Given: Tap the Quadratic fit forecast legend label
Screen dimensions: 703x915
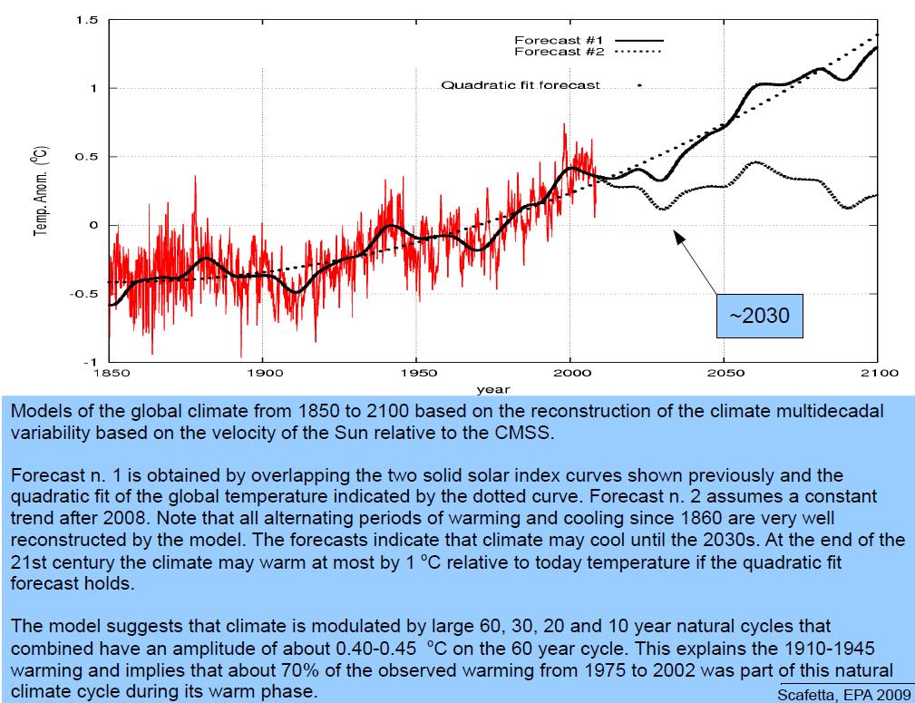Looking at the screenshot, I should (x=521, y=85).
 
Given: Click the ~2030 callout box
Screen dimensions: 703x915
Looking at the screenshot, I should (x=760, y=317).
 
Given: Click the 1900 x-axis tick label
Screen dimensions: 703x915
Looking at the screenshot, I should (x=262, y=373).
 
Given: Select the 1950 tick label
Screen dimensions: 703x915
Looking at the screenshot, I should (x=416, y=373).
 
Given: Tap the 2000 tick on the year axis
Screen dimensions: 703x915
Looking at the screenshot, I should (x=569, y=373).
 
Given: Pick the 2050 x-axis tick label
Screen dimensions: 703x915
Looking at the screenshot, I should (x=723, y=373).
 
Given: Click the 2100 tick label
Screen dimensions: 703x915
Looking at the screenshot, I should (x=877, y=373).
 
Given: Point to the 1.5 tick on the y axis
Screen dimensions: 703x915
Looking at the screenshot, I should (x=87, y=20).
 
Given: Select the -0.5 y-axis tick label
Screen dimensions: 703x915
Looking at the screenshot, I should (x=84, y=294).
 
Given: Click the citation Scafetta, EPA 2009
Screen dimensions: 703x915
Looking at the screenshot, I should (x=833, y=694).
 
